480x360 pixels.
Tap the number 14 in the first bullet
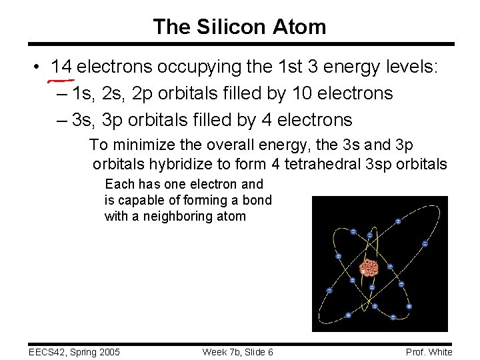(x=62, y=67)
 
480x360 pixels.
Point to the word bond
(x=257, y=200)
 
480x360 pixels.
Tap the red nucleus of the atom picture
(x=369, y=268)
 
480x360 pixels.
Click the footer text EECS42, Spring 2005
(x=73, y=352)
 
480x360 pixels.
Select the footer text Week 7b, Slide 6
(x=237, y=352)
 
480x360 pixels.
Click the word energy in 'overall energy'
(x=271, y=145)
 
